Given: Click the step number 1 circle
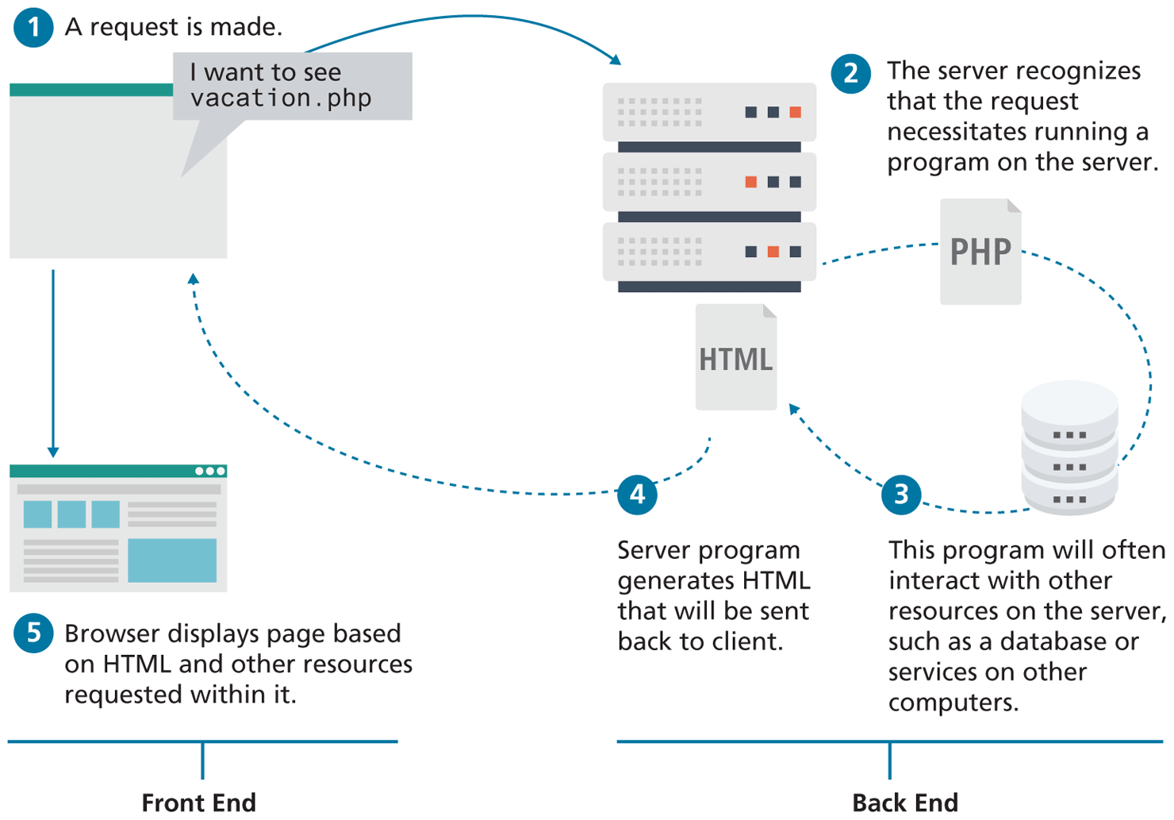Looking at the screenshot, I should coord(33,28).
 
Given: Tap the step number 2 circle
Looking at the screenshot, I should coord(850,74).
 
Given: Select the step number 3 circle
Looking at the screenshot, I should coord(901,495).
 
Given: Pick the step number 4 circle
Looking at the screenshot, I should coord(637,495).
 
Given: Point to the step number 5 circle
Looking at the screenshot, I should coord(33,633).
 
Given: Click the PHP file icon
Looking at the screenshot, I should coord(980,252).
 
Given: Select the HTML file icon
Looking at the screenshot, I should coord(735,358).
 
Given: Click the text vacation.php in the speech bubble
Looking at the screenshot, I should coord(281,98).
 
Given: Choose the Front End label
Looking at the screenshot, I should coord(198,803).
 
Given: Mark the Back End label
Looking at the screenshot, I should coord(905,803).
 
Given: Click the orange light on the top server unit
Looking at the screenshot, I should coord(795,112).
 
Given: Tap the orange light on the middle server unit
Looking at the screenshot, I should coord(750,182).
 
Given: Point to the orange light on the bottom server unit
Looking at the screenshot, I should coord(773,252).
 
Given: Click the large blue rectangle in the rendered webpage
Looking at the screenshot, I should coord(172,560).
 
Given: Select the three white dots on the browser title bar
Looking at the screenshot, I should coord(210,472).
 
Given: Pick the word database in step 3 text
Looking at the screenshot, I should coord(1061,641).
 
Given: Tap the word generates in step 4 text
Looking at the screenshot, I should coord(666,581).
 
